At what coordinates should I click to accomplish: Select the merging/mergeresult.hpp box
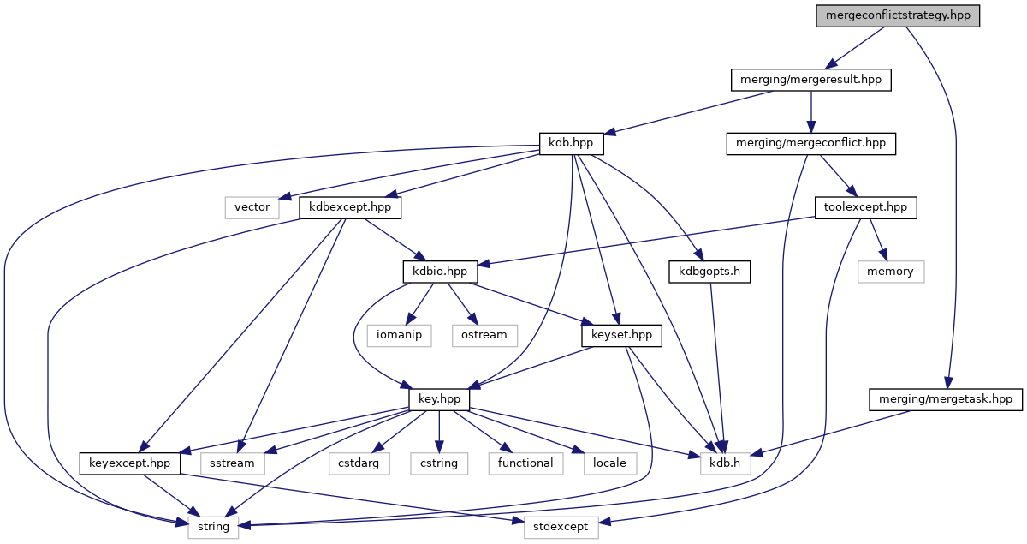(x=810, y=81)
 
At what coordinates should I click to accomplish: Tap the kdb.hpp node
(x=566, y=144)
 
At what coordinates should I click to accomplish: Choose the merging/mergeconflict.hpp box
(x=810, y=144)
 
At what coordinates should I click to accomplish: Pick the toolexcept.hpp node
(x=865, y=207)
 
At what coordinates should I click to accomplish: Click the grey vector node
(x=252, y=207)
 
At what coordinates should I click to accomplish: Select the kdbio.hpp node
(x=440, y=272)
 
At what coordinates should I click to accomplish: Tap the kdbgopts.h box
(x=709, y=272)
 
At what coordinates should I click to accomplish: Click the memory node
(x=890, y=272)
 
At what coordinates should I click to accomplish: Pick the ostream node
(x=484, y=335)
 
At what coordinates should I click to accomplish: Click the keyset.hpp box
(x=621, y=335)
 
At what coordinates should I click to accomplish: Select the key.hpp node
(x=439, y=399)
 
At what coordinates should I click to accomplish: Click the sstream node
(x=233, y=463)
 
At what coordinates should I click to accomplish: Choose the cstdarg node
(x=359, y=463)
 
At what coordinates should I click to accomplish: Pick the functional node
(x=525, y=463)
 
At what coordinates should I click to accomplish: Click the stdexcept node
(x=561, y=527)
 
